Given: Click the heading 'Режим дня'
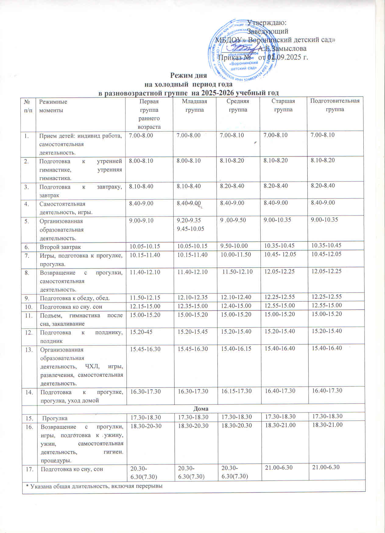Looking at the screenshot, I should (188, 75).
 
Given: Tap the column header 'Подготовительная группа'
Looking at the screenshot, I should (335, 105).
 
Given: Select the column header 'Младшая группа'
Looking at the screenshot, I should (194, 105).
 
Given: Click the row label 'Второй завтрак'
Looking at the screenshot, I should (61, 247).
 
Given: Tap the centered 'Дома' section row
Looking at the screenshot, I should (201, 408).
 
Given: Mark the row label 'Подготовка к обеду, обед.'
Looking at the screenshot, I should (75, 298).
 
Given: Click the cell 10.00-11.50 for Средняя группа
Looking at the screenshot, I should (236, 255).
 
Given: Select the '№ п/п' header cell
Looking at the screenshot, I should (28, 106).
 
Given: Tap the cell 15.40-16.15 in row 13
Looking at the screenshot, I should (236, 349).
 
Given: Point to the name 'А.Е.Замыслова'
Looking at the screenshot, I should (282, 48).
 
